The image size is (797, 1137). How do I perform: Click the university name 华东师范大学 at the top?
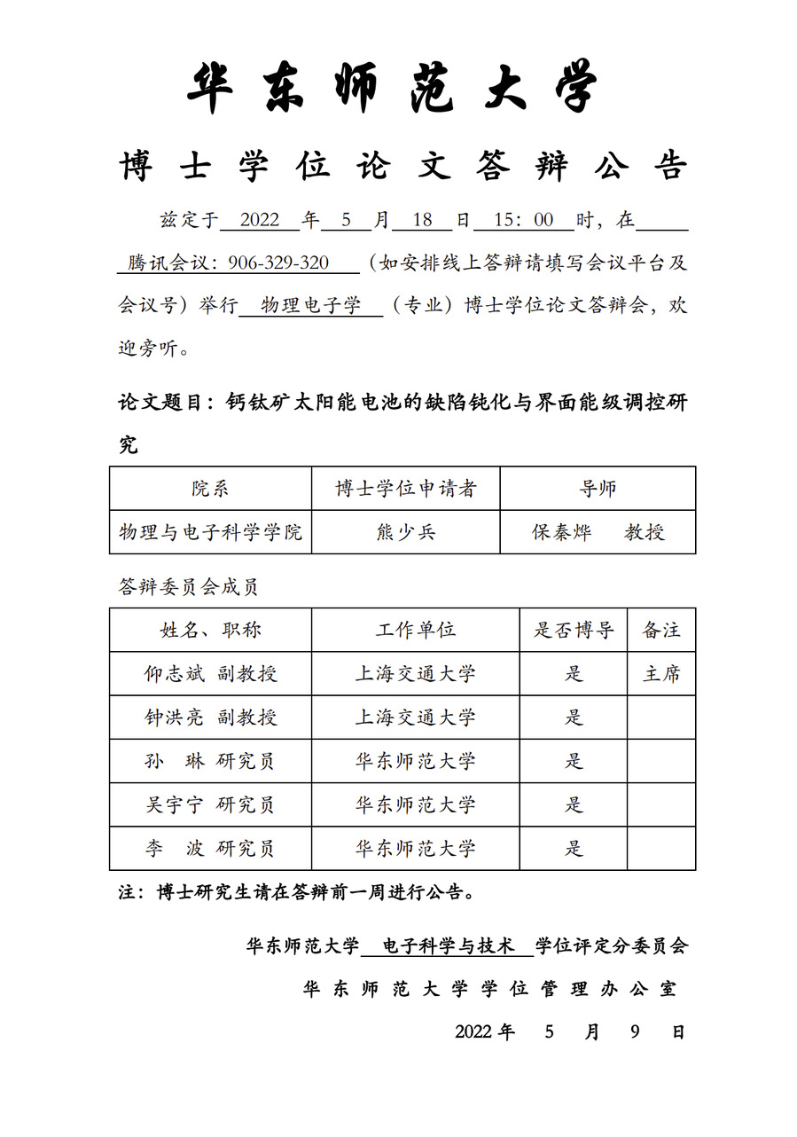pos(394,88)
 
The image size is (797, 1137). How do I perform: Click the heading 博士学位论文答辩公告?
pos(403,167)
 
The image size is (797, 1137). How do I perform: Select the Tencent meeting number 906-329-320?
pos(278,263)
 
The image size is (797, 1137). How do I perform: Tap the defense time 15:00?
pos(524,220)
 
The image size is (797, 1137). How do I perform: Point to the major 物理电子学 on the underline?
pos(311,307)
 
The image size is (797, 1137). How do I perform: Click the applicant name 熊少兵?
pos(406,532)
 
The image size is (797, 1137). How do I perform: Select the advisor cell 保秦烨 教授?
pos(598,532)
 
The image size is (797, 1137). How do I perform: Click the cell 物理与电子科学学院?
pos(211,532)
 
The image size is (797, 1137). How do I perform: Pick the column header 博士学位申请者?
pos(406,489)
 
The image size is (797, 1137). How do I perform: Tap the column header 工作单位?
pos(416,630)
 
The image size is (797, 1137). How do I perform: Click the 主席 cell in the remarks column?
pos(661,674)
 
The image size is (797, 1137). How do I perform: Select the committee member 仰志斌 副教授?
pos(211,674)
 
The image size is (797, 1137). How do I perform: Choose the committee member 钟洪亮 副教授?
pos(211,717)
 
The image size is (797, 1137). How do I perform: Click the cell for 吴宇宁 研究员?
pos(211,804)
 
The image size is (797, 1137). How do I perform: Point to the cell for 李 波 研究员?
pos(211,849)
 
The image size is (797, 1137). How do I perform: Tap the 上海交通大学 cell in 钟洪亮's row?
pos(416,717)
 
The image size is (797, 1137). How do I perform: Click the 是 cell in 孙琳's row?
pos(574,761)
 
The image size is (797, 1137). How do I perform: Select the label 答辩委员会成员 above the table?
pos(188,586)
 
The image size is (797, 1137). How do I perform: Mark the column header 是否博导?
pos(574,630)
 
